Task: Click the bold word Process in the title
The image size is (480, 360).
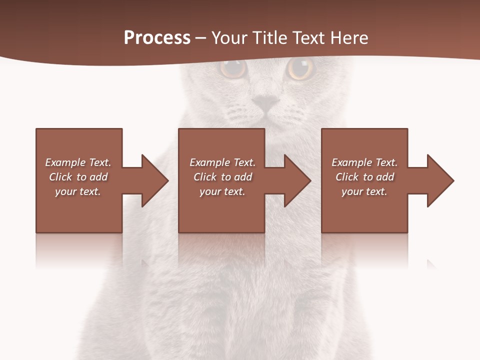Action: click(157, 38)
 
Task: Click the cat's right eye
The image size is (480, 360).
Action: click(301, 68)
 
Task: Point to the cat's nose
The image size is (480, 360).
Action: click(265, 103)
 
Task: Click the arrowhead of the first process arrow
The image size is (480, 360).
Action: click(155, 180)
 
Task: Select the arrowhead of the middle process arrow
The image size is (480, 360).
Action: click(297, 180)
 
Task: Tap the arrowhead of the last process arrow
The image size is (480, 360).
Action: click(440, 180)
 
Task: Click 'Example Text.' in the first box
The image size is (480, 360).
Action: click(78, 162)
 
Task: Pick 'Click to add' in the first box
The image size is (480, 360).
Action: click(78, 177)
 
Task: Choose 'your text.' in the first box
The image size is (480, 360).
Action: click(78, 191)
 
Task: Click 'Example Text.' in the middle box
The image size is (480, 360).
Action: click(222, 162)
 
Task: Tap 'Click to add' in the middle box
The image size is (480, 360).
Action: click(222, 177)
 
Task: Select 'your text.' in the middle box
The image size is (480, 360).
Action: click(222, 191)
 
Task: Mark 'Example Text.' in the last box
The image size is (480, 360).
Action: click(364, 162)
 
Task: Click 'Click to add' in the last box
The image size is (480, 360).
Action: click(364, 177)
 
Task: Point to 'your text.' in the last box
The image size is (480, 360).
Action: click(364, 191)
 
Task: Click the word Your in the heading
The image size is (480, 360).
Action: click(229, 38)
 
